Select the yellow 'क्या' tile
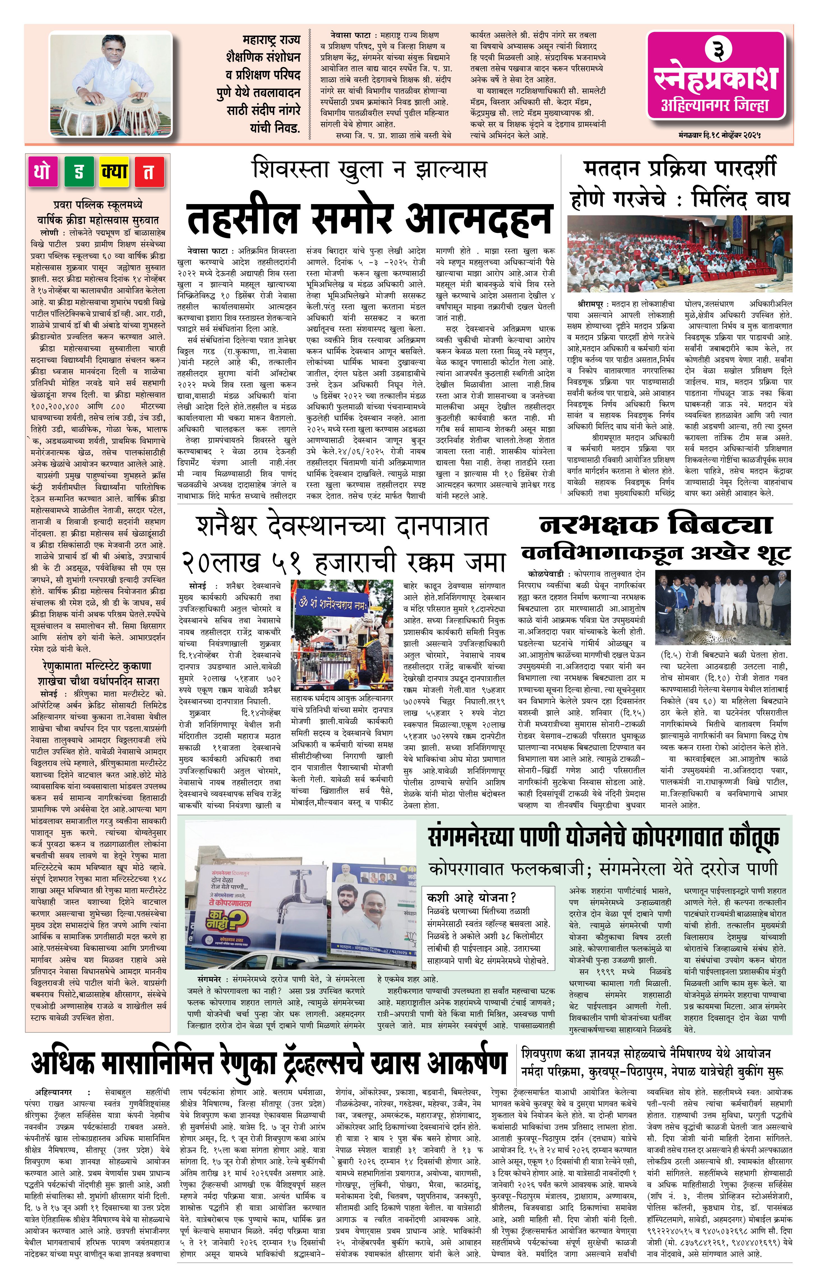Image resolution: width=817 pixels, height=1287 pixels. [114, 172]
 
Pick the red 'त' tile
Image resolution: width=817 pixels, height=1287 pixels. [149, 172]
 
